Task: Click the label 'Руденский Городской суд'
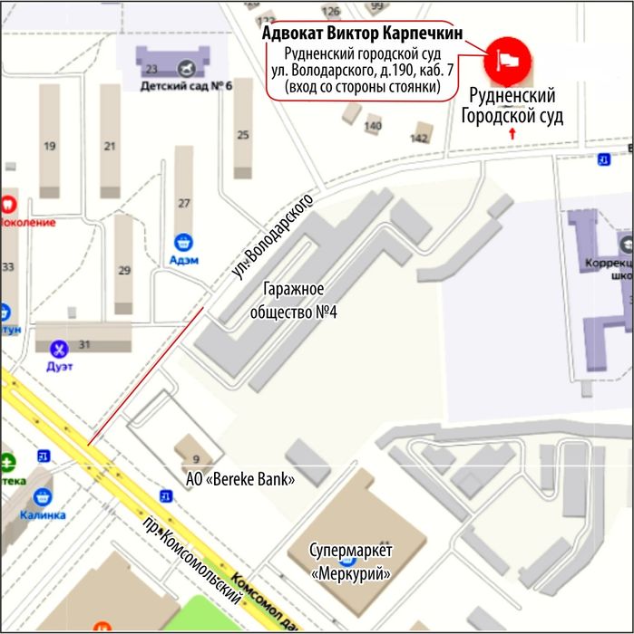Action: point(512,106)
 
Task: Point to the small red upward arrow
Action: point(514,133)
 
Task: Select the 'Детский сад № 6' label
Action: point(186,87)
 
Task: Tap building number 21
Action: point(110,145)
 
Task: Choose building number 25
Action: point(242,135)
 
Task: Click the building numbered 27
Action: point(184,203)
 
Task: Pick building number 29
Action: point(124,270)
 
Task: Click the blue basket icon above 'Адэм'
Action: point(183,242)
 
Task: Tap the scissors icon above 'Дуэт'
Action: point(60,348)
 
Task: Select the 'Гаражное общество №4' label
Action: point(294,302)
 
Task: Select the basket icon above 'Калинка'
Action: point(42,496)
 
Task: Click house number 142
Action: point(418,138)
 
